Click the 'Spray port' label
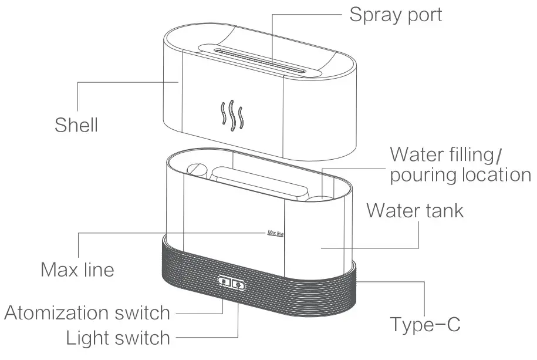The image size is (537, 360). point(396,14)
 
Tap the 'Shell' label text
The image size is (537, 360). point(76,125)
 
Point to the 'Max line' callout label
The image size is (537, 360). point(77,270)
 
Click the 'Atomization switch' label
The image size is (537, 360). point(87,313)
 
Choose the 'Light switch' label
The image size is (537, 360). point(117,338)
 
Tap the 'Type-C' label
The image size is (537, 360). point(425,324)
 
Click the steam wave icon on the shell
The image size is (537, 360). point(231,115)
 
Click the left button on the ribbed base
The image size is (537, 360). point(225,284)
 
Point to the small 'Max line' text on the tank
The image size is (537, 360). point(275,233)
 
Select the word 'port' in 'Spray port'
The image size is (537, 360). point(421,15)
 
